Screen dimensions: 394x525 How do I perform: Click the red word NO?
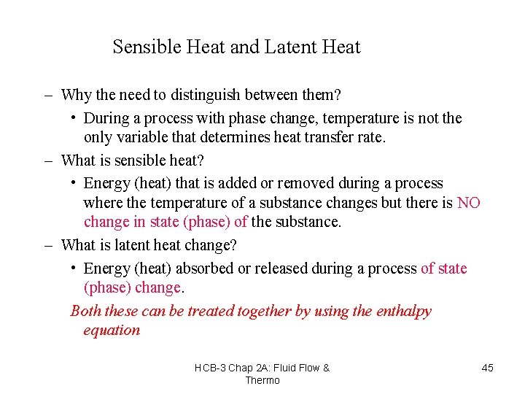tap(468, 203)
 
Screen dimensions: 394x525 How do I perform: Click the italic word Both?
tap(86, 312)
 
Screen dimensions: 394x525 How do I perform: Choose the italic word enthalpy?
tap(403, 312)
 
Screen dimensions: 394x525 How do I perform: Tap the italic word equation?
tap(112, 331)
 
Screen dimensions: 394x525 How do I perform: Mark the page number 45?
tap(488, 368)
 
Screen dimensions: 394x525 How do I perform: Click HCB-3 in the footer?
tap(210, 368)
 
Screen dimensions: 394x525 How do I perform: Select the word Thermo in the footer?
tap(262, 380)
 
